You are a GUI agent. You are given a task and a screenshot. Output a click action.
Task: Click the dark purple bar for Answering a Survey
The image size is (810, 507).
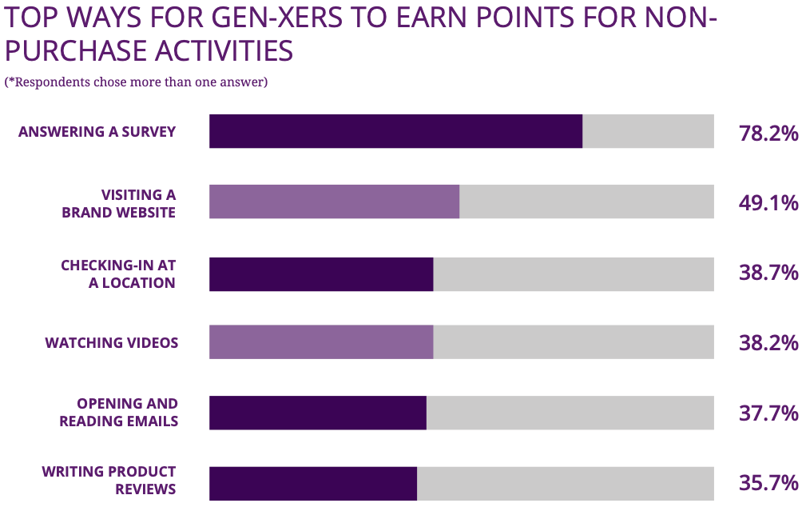395,131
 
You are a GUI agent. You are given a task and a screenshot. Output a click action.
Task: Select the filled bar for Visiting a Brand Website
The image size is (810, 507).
334,202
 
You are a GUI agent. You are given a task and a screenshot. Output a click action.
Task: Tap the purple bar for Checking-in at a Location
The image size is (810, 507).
321,273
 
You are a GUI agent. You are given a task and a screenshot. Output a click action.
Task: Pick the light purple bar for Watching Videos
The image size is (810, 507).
321,342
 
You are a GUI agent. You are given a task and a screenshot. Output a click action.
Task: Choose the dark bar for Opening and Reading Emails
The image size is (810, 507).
318,413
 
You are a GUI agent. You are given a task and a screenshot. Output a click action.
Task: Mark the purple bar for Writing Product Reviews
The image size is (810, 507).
313,483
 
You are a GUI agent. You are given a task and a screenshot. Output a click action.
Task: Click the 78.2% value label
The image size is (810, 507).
768,133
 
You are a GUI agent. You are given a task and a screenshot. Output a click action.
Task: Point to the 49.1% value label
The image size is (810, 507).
768,203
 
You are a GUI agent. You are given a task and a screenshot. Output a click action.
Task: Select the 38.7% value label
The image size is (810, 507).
768,273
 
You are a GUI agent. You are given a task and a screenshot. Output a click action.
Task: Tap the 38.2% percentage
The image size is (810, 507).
768,343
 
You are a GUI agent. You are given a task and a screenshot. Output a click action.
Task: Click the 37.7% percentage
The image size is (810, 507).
768,413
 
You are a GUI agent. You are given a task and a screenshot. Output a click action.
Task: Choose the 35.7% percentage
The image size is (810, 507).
768,483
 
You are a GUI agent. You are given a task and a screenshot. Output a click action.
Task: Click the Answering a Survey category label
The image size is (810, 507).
97,132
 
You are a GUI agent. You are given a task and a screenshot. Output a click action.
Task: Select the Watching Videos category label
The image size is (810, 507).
111,343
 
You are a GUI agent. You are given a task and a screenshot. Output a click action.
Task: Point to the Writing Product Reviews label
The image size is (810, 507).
109,480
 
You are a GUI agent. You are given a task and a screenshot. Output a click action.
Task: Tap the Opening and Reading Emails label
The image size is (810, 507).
118,412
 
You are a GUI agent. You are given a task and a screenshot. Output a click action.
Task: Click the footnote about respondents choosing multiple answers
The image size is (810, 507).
136,82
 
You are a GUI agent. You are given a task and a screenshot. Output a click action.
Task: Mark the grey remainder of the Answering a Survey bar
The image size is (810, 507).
648,131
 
